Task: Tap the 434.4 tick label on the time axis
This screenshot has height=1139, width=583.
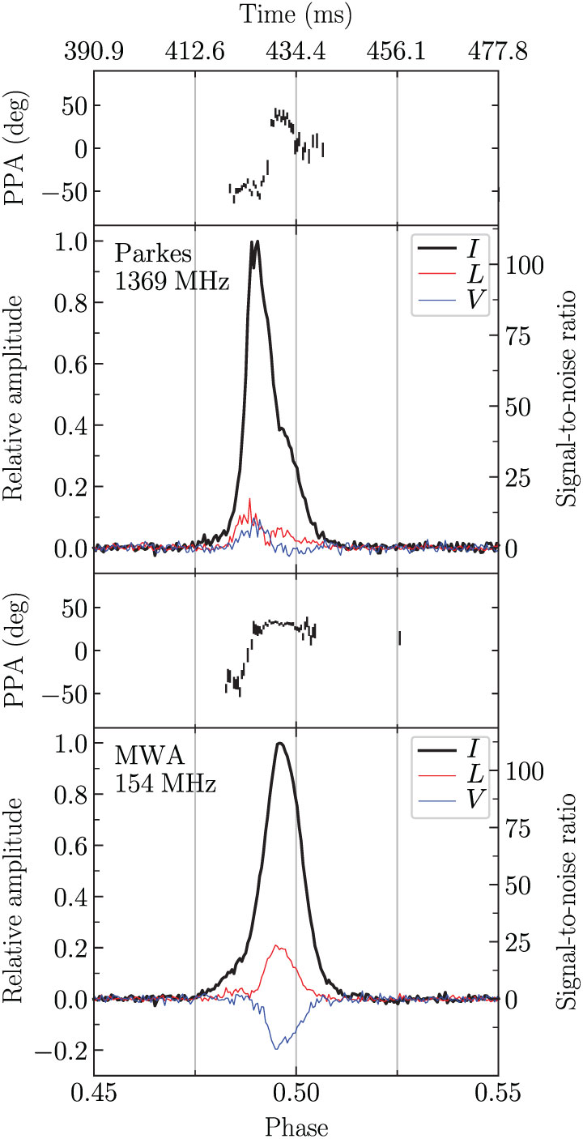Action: coord(296,51)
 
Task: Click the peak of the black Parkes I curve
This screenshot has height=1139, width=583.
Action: coord(256,241)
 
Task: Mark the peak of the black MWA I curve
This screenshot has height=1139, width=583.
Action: coord(280,744)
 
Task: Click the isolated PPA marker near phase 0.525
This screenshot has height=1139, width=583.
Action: coord(400,638)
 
